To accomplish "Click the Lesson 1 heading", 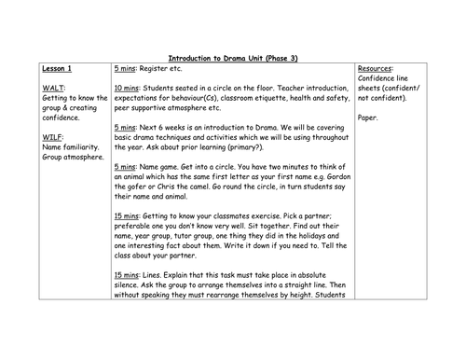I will (60, 69).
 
